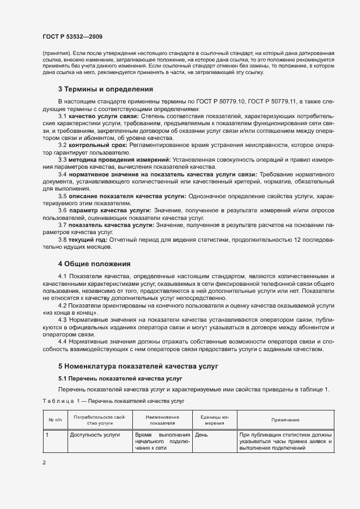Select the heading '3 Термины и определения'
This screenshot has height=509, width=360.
tap(105, 89)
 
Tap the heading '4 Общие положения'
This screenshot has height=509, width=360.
tap(94, 264)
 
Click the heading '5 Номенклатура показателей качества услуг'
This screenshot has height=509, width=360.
tap(138, 366)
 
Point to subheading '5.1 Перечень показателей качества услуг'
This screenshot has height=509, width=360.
tap(120, 378)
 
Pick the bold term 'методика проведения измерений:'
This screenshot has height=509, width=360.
tap(119, 159)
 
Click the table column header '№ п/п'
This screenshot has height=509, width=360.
tap(54, 420)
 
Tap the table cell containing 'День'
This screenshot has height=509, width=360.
tap(201, 435)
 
